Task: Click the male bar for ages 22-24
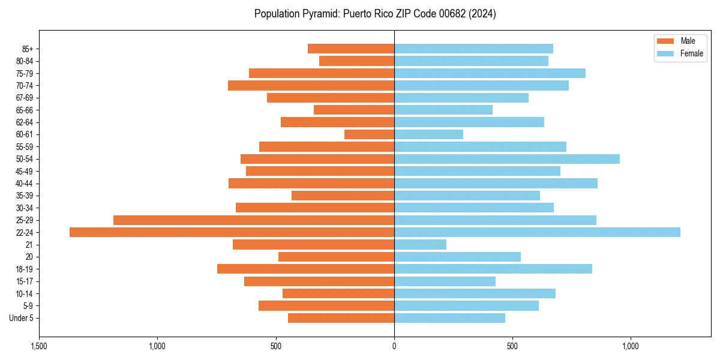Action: [232, 232]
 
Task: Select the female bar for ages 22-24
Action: [537, 232]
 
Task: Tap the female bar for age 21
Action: [420, 245]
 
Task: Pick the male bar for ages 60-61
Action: [369, 134]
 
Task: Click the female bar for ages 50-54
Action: [506, 159]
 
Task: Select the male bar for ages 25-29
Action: [253, 220]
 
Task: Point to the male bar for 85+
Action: [350, 49]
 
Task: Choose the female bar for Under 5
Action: [449, 318]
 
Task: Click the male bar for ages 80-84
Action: [356, 61]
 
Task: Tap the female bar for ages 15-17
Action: [445, 281]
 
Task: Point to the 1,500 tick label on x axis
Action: [39, 346]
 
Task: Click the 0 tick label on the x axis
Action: [394, 346]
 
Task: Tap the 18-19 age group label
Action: [25, 269]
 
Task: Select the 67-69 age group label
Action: [25, 98]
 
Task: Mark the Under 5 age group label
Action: [21, 318]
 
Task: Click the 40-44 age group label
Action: [25, 184]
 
